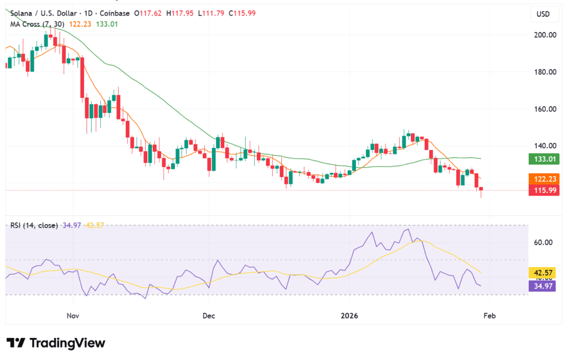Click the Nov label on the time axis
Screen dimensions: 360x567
point(73,316)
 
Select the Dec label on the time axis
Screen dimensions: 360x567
point(209,316)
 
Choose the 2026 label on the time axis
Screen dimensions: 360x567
point(349,316)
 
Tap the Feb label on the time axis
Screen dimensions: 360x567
point(489,316)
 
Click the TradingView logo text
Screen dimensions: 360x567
point(66,343)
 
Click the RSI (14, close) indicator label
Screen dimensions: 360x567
point(34,225)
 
